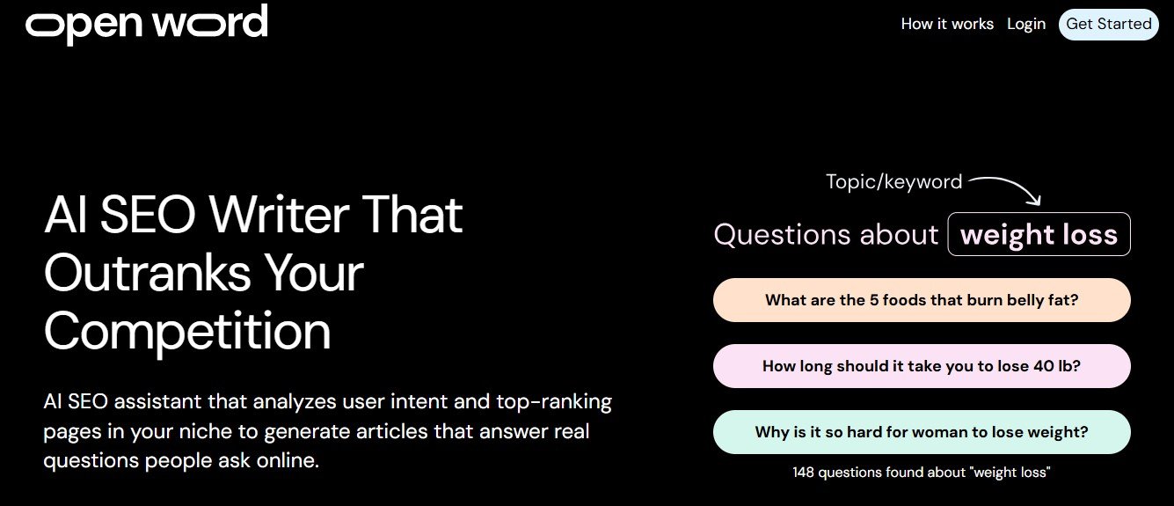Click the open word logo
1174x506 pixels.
point(147,24)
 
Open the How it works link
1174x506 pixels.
point(947,24)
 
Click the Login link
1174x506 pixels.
point(1026,25)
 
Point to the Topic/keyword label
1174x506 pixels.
point(894,182)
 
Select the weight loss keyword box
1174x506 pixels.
point(1039,234)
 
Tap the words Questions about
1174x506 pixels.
point(826,234)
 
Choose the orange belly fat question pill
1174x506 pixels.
point(922,300)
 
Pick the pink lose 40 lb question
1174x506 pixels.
point(922,366)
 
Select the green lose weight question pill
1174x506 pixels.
point(922,432)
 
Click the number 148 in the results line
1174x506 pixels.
point(803,473)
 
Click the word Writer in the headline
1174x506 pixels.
point(280,215)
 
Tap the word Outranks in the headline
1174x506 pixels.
point(148,273)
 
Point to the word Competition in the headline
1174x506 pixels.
point(187,332)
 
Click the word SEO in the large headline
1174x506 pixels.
point(147,215)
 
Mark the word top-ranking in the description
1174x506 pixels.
point(554,402)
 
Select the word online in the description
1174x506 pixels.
point(288,461)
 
